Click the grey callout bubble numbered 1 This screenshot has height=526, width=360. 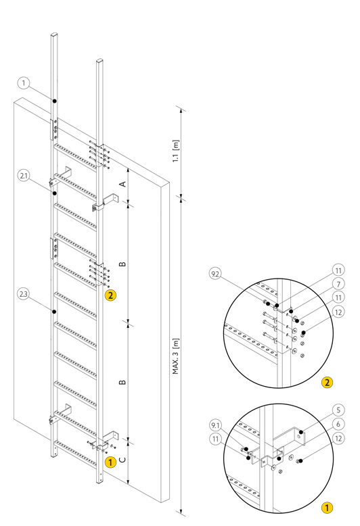tap(24, 83)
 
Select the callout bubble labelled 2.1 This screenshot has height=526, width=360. tap(24, 175)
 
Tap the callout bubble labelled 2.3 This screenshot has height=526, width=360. tap(24, 294)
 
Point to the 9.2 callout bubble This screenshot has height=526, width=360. tap(215, 274)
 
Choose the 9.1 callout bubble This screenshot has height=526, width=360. tap(215, 426)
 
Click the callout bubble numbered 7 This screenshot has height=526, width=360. tap(338, 284)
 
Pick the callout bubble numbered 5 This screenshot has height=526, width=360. tap(338, 410)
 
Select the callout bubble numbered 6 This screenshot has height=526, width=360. tap(338, 424)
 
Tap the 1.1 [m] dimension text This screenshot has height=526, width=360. tap(176, 151)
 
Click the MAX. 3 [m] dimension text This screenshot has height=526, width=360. tap(176, 356)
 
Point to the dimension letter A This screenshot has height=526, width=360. tap(123, 184)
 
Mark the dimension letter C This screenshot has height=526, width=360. tap(123, 459)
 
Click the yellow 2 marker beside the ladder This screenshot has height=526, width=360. tap(110, 295)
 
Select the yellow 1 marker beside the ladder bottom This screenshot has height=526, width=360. tap(110, 462)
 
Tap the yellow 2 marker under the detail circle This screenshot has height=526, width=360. tap(327, 383)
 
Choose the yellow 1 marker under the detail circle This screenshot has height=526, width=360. tap(327, 508)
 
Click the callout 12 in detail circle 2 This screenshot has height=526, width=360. tap(338, 312)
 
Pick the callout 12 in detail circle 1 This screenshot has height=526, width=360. tap(338, 438)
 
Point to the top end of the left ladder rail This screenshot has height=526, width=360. tap(54, 34)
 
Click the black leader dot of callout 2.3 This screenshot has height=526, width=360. tap(54, 312)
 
